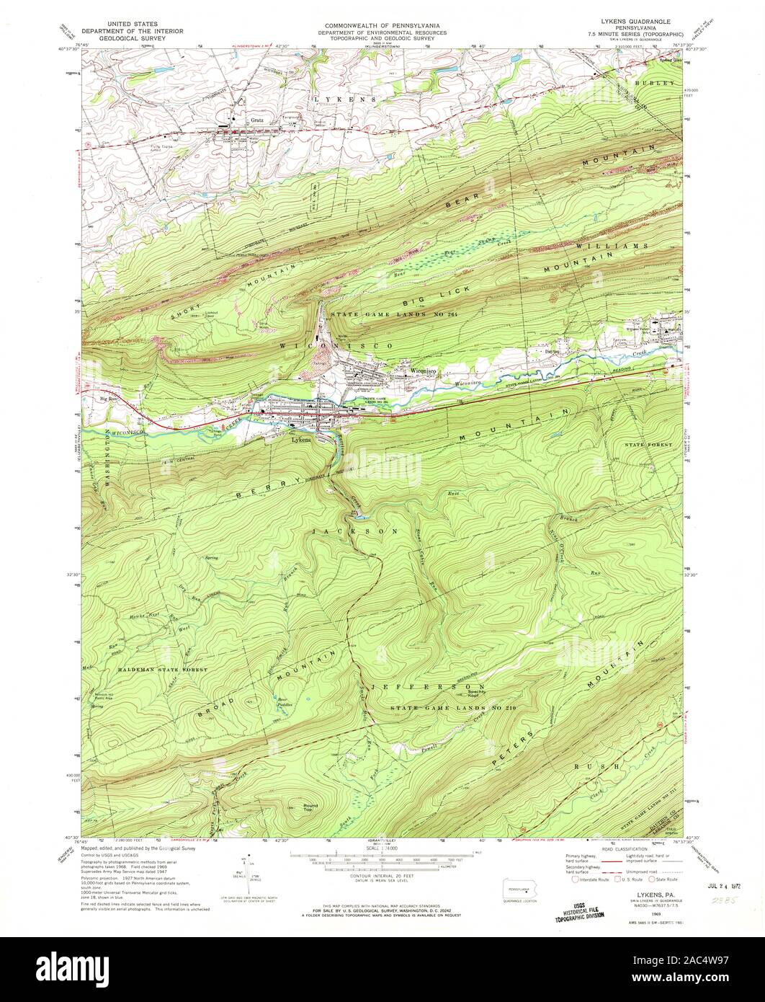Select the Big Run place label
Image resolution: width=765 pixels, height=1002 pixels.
click(x=108, y=397)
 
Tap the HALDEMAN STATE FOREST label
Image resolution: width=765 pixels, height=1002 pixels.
click(x=163, y=670)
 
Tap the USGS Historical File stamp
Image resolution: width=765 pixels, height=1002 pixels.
click(x=576, y=911)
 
